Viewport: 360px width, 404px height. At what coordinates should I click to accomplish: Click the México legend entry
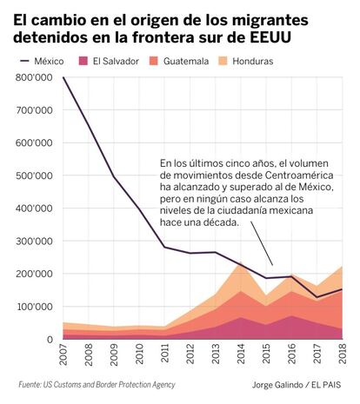42,61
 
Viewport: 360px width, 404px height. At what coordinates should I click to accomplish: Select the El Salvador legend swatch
83,61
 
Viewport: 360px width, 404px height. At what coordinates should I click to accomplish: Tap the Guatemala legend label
186,61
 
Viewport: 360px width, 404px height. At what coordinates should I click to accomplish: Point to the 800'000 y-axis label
34,77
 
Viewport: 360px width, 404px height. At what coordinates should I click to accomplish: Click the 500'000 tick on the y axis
34,176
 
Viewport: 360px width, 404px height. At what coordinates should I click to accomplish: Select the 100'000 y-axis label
34,307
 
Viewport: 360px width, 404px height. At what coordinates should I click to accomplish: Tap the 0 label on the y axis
50,339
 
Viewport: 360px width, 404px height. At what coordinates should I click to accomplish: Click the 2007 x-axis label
63,354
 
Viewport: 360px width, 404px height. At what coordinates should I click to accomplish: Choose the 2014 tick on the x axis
241,354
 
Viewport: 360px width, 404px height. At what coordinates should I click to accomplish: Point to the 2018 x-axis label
343,354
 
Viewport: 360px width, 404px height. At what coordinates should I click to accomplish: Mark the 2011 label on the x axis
165,354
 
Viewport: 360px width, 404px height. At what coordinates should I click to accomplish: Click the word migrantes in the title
270,21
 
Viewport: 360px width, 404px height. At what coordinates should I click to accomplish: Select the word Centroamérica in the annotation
299,176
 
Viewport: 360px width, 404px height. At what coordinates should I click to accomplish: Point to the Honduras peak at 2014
240,262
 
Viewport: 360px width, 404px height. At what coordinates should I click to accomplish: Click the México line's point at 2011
165,247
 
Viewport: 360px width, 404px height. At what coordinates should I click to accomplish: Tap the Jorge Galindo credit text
297,385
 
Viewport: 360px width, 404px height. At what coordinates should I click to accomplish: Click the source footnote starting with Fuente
97,385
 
